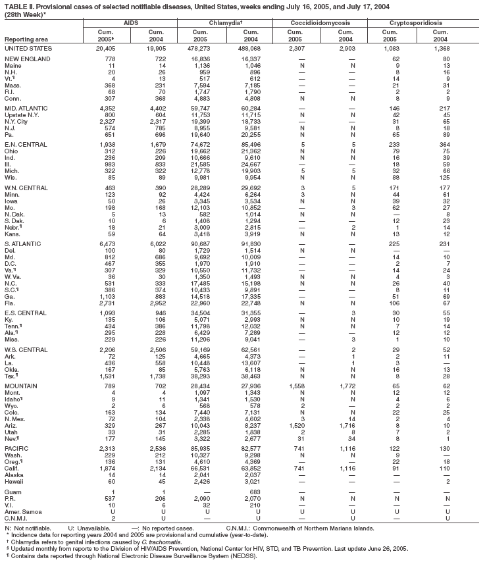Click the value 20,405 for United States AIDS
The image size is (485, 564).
[107, 49]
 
